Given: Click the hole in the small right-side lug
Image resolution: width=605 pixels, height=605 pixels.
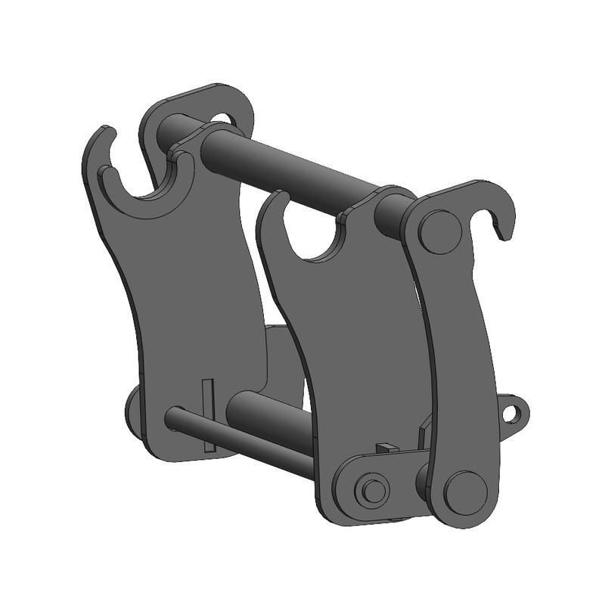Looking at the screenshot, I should tap(515, 413).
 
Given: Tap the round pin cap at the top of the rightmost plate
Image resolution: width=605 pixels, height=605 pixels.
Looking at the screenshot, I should tap(441, 232).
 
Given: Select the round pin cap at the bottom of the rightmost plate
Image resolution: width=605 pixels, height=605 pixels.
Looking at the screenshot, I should tap(464, 492).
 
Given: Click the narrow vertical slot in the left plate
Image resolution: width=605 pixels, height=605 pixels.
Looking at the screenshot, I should tap(209, 415).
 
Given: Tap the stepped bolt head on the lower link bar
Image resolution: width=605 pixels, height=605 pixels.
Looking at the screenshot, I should tap(372, 490).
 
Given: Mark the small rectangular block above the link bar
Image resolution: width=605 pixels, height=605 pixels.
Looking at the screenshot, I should tap(386, 448).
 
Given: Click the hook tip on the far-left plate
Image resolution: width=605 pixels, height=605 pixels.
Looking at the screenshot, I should tap(107, 136).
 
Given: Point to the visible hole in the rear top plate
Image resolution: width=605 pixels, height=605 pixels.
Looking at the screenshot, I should tap(224, 119).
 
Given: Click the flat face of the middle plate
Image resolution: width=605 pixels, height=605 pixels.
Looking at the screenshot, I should tap(355, 340).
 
